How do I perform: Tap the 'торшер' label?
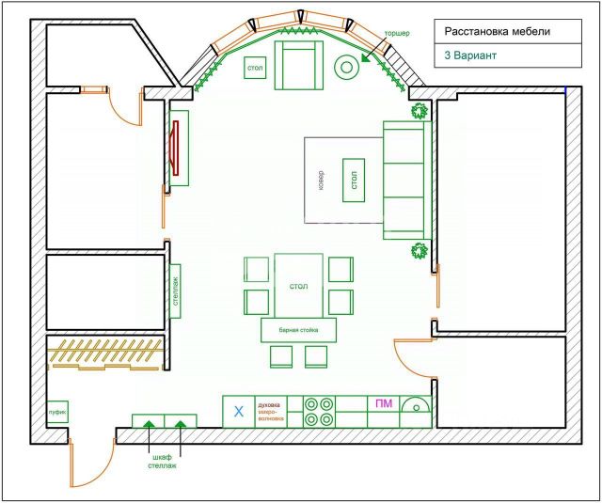click(397, 34)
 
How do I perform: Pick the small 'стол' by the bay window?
click(255, 69)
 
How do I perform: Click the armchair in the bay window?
click(298, 63)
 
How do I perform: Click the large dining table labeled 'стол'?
click(299, 285)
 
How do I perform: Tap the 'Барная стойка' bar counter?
click(298, 331)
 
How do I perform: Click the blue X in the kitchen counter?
click(238, 411)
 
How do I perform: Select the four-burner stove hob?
click(319, 411)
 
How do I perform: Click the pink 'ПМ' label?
click(384, 404)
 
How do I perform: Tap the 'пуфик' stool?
click(57, 411)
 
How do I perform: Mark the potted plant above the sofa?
click(418, 111)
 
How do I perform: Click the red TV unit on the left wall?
click(176, 148)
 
